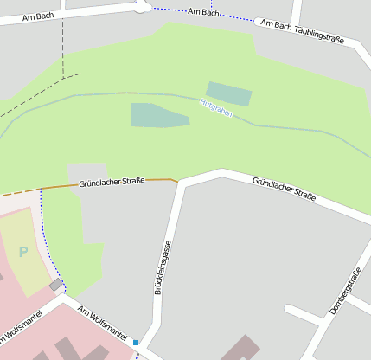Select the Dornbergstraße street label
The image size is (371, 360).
345,292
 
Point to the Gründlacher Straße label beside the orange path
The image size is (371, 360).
112,183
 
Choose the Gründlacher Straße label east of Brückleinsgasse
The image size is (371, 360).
284,190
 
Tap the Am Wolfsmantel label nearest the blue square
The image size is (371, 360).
102,322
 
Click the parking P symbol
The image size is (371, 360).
23,252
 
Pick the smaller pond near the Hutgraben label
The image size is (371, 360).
229,93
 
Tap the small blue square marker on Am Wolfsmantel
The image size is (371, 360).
136,343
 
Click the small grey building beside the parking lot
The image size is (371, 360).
56,284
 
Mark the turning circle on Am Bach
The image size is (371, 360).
143,6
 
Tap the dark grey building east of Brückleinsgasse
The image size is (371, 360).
240,349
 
